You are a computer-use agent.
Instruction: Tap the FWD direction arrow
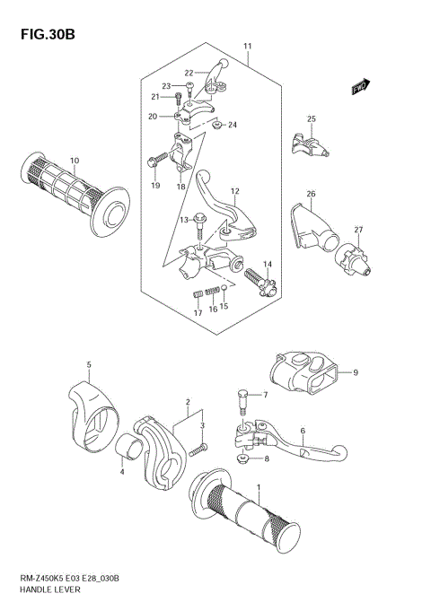pyautogui.click(x=360, y=87)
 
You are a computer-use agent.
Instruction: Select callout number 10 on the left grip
pyautogui.click(x=74, y=161)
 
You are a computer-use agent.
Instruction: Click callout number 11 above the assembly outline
pyautogui.click(x=247, y=46)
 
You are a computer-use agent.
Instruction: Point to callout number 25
pyautogui.click(x=311, y=119)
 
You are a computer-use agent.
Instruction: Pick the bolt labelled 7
pyautogui.click(x=242, y=400)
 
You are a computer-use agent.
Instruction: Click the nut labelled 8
pyautogui.click(x=242, y=458)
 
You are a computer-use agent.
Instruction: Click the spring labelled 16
pyautogui.click(x=212, y=290)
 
